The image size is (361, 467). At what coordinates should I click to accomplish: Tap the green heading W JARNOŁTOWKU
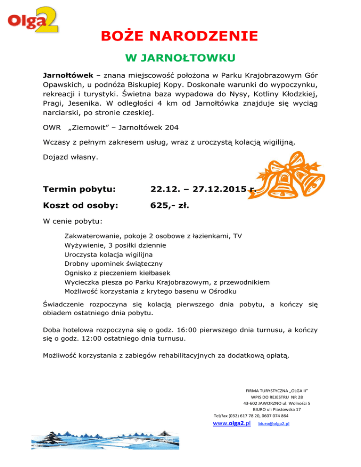click(x=180, y=58)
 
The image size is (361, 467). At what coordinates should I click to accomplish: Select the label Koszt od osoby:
click(x=80, y=205)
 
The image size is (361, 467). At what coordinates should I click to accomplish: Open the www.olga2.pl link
click(x=231, y=423)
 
